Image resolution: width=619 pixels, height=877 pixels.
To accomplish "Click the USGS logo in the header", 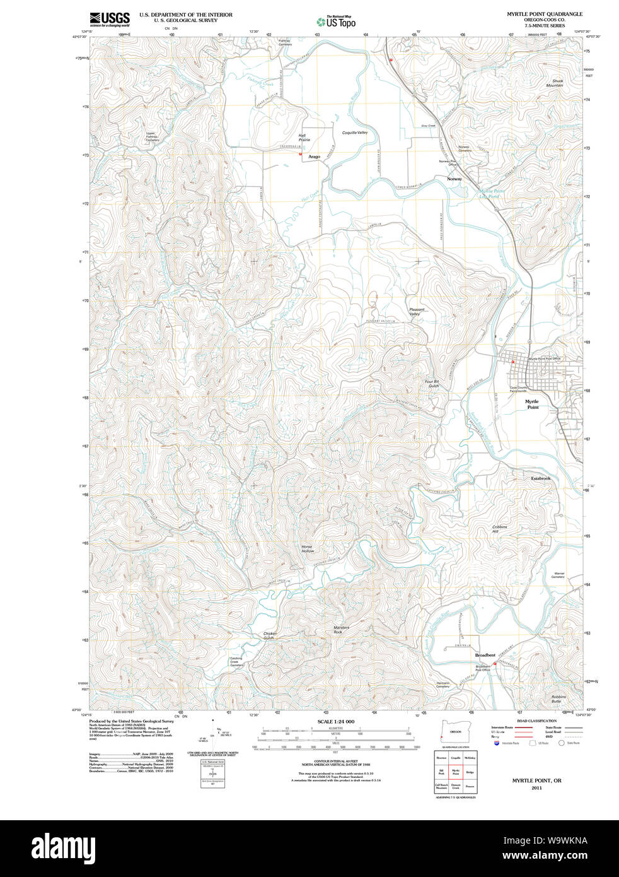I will (x=110, y=19).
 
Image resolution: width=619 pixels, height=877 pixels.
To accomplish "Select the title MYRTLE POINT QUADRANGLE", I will (x=545, y=14).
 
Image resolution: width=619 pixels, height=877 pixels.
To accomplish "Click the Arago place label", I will (x=314, y=157).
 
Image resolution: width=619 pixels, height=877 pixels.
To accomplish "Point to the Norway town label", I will (x=454, y=179).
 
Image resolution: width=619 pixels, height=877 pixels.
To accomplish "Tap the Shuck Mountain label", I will (x=557, y=83).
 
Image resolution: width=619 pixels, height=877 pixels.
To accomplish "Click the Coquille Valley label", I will (x=354, y=133).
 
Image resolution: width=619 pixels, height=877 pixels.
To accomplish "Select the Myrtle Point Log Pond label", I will (x=491, y=194).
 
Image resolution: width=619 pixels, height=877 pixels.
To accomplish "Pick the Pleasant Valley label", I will (x=417, y=312).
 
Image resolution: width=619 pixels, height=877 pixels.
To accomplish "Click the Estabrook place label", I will (x=540, y=479).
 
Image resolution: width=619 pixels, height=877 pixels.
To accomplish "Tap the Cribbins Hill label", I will (x=499, y=529).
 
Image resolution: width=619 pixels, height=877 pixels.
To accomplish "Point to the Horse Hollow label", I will (x=307, y=549).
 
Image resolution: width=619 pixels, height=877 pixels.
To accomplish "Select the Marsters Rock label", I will (x=341, y=630).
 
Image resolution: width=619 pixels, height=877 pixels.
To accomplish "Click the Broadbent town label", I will (x=485, y=656).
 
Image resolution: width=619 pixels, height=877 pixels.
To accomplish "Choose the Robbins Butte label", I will (x=558, y=699).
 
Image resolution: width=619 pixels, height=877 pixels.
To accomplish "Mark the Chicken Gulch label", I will (x=270, y=636).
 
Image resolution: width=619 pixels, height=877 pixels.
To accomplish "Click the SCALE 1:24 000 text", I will (x=335, y=721).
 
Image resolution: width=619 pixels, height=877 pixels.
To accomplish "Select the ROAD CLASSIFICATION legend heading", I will (x=536, y=721).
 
